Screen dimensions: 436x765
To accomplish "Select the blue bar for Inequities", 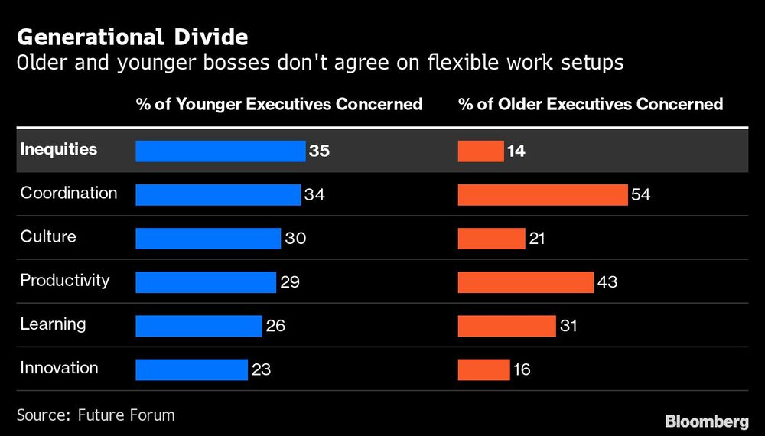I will click(220, 151).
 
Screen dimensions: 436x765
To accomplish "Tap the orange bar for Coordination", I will click(542, 195).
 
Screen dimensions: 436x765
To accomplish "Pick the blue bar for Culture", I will click(208, 239).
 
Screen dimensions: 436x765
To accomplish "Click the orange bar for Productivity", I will click(526, 282).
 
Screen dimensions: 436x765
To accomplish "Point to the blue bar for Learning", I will click(199, 326).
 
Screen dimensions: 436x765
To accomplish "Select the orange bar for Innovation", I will click(483, 369).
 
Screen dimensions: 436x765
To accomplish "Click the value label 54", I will click(641, 195).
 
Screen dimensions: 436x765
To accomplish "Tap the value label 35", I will click(319, 151).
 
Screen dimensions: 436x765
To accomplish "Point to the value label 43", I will click(607, 282).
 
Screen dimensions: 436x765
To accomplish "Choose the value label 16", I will click(522, 369).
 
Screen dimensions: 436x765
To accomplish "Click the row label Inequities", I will click(59, 149).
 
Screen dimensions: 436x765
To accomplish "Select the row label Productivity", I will click(65, 281).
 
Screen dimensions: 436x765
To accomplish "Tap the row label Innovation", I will click(59, 368).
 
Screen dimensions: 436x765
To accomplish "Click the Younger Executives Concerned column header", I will click(279, 104).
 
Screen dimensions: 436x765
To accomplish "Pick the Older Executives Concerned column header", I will click(591, 104).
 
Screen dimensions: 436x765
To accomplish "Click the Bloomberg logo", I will click(707, 421).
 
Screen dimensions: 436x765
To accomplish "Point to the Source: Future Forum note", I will click(96, 415).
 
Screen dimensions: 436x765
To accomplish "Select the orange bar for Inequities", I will click(480, 151).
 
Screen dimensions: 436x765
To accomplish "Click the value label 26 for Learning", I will click(275, 326).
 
